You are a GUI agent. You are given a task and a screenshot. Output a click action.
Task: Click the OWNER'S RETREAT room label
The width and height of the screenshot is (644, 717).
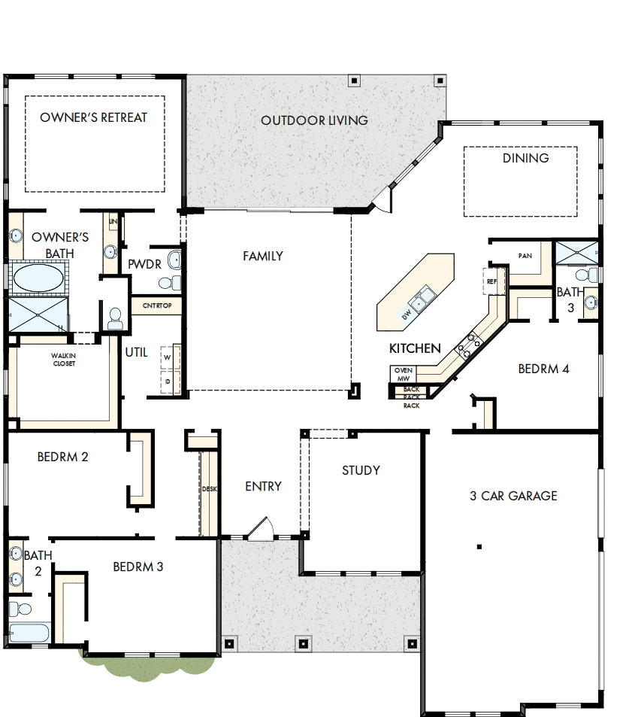(x=94, y=117)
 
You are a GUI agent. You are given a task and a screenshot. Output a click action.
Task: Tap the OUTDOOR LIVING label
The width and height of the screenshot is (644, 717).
(x=314, y=120)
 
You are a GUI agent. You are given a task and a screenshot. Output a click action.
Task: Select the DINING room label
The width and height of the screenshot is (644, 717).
(x=525, y=158)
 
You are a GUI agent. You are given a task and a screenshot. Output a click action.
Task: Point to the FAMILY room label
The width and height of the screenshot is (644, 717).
(x=263, y=257)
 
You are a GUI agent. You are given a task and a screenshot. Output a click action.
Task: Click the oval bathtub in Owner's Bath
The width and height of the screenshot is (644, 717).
(x=38, y=278)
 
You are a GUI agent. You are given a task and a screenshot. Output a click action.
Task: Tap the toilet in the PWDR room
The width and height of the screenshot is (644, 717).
(x=168, y=282)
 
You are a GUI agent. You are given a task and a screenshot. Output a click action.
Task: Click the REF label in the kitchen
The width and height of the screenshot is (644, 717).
(x=492, y=281)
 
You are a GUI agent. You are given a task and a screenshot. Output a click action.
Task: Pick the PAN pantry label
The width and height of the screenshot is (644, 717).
(x=525, y=256)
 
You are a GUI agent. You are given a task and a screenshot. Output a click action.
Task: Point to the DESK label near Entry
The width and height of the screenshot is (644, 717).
(x=209, y=489)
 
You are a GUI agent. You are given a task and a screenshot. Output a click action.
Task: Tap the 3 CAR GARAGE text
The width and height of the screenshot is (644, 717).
(x=514, y=496)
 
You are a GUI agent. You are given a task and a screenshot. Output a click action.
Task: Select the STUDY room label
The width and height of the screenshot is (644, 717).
(x=361, y=471)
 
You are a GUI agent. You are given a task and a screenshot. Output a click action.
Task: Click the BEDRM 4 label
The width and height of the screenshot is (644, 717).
(x=544, y=369)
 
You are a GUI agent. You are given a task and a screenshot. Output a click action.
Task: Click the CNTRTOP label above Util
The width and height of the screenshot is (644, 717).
(x=157, y=306)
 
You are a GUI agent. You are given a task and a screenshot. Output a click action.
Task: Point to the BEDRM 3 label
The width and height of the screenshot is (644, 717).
(x=138, y=567)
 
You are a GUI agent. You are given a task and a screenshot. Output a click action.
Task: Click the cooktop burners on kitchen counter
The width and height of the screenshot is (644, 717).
(x=470, y=344)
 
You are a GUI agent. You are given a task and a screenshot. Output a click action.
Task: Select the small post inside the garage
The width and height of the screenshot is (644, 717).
(x=478, y=546)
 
